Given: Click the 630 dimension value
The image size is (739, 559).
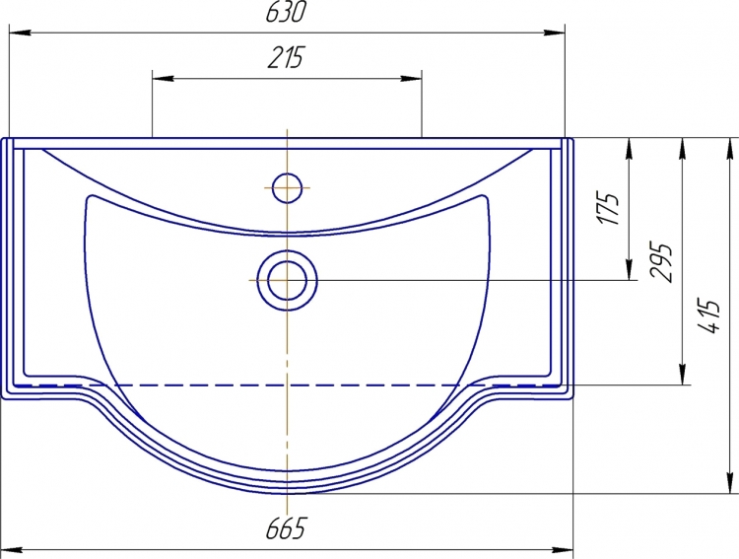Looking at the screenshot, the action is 286,12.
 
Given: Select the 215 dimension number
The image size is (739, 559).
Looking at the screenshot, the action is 287,57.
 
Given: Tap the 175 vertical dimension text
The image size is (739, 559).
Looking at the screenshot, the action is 608,208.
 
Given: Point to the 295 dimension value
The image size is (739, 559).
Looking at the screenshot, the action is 660,262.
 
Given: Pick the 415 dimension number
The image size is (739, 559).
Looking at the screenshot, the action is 710,315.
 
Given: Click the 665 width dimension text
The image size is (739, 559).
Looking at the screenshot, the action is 287,528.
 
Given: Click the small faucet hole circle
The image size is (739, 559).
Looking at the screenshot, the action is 287,187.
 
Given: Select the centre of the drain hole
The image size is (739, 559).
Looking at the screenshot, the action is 287,280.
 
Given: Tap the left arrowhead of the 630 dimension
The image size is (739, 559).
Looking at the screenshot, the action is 20,33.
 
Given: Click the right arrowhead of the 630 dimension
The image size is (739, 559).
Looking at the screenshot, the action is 554,33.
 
